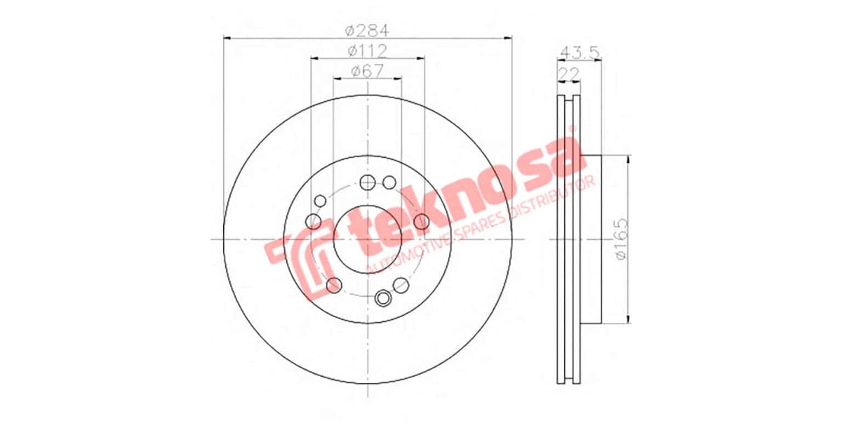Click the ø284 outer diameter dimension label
[368, 30]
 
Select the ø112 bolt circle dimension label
[368, 51]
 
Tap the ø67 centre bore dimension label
[368, 71]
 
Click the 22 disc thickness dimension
[568, 74]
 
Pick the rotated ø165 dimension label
[620, 240]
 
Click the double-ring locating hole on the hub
[383, 298]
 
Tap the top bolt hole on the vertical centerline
[368, 183]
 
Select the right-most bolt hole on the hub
[421, 222]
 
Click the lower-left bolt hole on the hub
[335, 285]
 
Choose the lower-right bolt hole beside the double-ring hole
[401, 284]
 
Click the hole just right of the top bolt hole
[389, 183]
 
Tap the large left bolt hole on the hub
[314, 222]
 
